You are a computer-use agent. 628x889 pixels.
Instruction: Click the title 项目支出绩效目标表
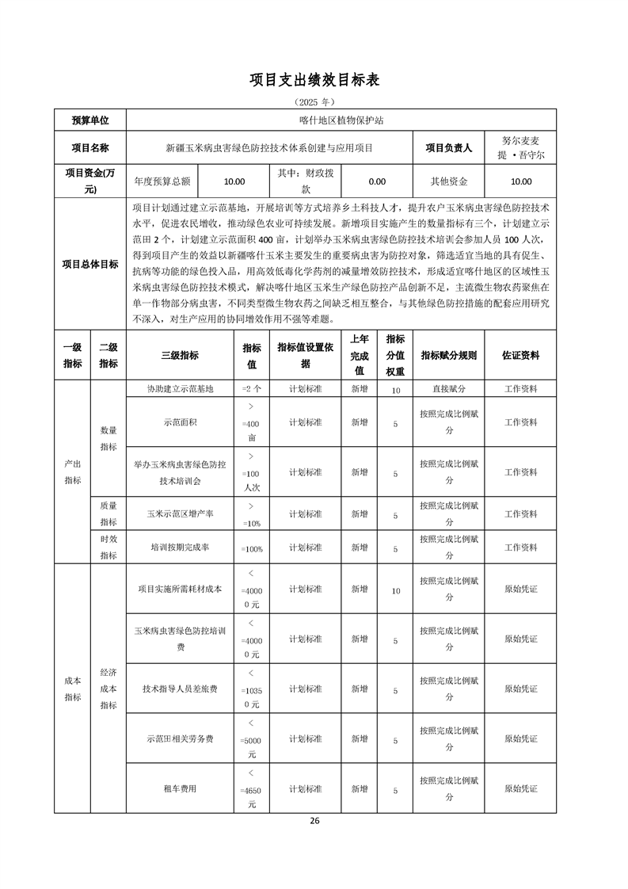314,79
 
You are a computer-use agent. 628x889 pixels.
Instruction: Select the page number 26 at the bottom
314,820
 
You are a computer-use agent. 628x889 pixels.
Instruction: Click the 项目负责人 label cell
448,147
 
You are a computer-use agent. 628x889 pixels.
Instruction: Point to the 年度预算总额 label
162,181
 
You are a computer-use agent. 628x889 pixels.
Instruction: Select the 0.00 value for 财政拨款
377,181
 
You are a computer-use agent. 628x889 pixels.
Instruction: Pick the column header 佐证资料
520,356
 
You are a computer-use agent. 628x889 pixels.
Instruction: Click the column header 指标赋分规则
448,356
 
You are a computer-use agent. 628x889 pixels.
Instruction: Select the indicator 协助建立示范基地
180,389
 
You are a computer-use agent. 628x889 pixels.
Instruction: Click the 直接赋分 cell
448,389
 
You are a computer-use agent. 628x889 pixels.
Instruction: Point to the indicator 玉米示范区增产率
180,514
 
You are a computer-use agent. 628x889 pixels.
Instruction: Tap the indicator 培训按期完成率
180,548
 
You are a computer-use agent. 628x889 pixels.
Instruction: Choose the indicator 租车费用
180,789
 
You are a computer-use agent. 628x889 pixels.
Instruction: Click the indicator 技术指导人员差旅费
180,689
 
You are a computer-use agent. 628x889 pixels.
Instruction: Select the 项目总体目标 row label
90,265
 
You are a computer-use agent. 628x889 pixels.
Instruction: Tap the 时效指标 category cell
108,547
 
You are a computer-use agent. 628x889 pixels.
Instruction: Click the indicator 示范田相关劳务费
180,739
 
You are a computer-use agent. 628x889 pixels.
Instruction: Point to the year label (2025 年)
314,101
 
